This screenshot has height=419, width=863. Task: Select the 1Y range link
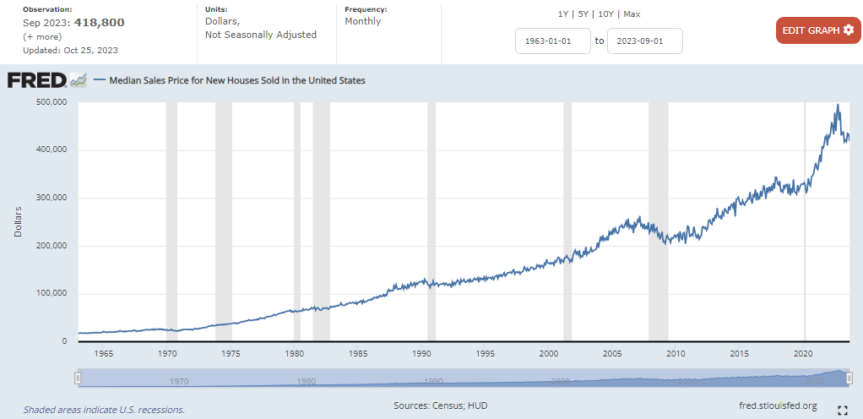564,14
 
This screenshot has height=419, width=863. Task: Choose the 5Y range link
583,14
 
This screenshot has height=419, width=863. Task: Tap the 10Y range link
605,14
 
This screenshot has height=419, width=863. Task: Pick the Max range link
632,14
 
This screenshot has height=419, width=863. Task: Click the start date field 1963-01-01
553,41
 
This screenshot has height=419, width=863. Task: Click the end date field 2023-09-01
645,41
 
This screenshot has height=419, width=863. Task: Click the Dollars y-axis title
18,221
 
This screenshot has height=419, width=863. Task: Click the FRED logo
46,80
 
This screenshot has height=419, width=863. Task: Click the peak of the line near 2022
837,106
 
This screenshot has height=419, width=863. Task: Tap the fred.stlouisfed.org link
777,406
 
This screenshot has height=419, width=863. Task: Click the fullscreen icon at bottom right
842,411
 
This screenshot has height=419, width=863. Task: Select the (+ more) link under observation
41,36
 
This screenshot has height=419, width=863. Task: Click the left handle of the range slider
78,378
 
